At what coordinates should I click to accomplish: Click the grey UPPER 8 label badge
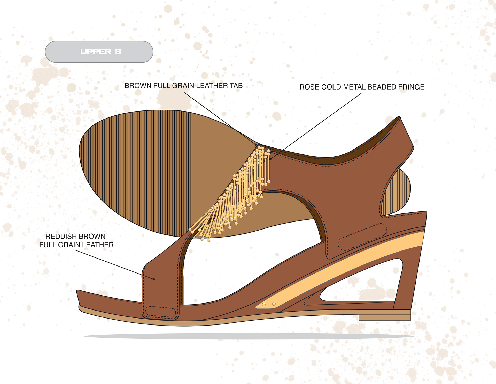click(x=99, y=52)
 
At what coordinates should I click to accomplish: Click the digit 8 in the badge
click(x=118, y=51)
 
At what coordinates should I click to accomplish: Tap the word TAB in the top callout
click(x=236, y=86)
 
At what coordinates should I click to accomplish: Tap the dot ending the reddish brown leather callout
click(x=154, y=279)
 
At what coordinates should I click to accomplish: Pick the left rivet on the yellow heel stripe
click(x=264, y=305)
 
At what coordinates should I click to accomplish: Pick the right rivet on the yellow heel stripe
click(x=274, y=304)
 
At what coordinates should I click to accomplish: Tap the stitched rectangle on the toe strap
click(x=161, y=312)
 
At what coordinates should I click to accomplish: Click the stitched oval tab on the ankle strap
click(x=362, y=237)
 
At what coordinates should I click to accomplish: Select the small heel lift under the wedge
click(x=385, y=318)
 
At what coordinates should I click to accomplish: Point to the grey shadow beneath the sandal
click(x=248, y=336)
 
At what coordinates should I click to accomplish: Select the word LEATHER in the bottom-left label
click(x=98, y=245)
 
